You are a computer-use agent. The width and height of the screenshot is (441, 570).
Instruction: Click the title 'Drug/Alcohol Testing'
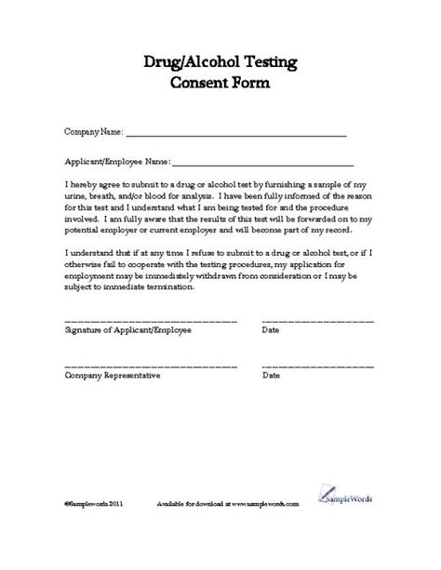pyautogui.click(x=220, y=62)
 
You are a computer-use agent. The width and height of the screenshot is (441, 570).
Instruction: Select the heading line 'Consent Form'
pyautogui.click(x=220, y=85)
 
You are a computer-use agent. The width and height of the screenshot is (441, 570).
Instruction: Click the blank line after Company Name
pyautogui.click(x=235, y=136)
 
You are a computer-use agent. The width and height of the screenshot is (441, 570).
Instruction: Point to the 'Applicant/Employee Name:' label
pyautogui.click(x=116, y=159)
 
